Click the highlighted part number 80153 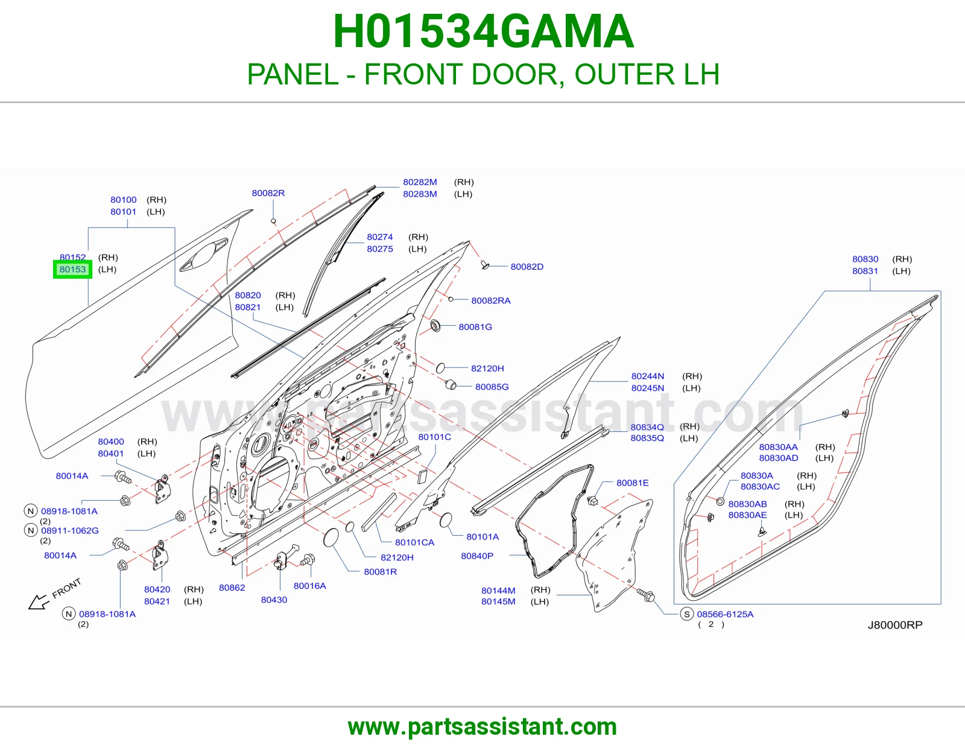(72, 269)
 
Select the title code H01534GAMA (484, 31)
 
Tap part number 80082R (268, 193)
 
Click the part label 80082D (527, 267)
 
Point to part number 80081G (475, 327)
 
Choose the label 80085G (492, 387)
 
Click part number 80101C (434, 437)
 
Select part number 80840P (477, 556)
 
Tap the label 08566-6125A (725, 614)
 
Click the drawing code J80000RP (895, 625)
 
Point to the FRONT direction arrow (39, 602)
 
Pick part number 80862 (232, 588)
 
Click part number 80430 (274, 600)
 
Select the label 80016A (309, 586)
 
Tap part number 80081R (380, 572)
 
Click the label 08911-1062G (70, 530)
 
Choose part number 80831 (865, 271)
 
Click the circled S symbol (686, 614)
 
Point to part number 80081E (633, 483)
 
